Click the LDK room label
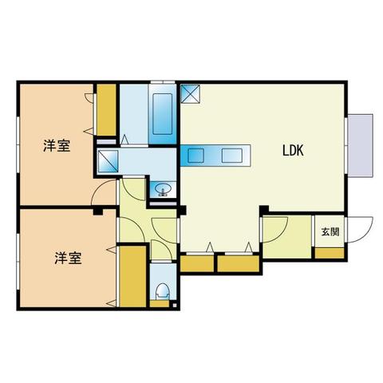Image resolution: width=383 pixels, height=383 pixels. pos(289,149)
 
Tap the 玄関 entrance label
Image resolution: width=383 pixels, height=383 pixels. pos(330,232)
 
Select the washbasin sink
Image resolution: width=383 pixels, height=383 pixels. pos(164,190)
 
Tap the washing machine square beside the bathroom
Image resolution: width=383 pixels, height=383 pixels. pos(108,163)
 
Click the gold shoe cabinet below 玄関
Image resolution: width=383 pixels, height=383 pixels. pos(329,253)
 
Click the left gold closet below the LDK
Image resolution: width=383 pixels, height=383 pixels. pos(196,263)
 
